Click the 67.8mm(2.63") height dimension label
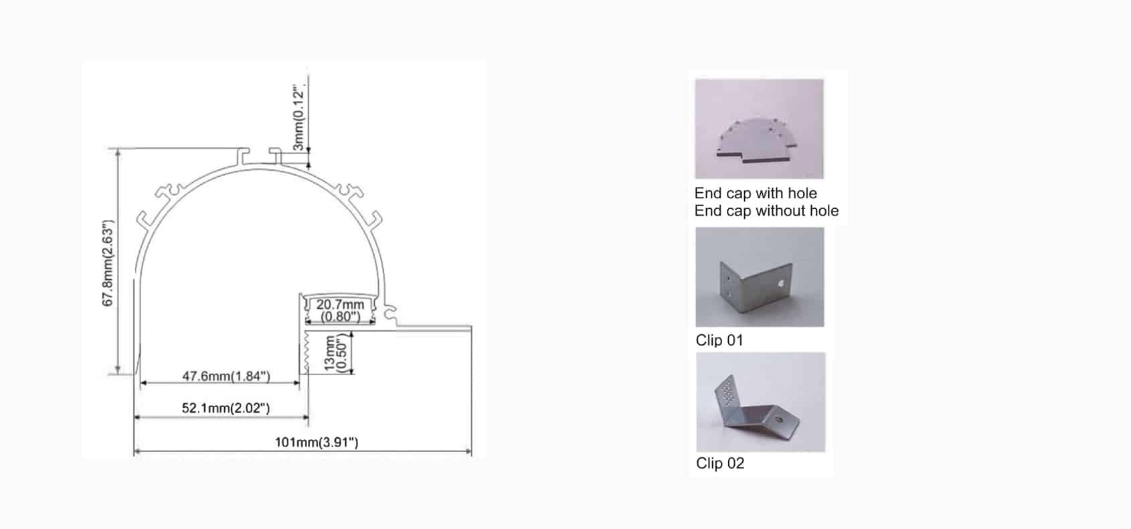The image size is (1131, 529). tap(108, 263)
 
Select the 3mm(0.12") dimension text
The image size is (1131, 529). tap(299, 118)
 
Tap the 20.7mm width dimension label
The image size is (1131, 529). tap(340, 305)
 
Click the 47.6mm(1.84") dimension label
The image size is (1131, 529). tap(226, 376)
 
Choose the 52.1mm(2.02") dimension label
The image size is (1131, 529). tap(226, 408)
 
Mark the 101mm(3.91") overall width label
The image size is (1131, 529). tap(317, 442)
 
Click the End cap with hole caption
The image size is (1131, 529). tap(756, 194)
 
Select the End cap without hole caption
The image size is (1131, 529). tap(766, 211)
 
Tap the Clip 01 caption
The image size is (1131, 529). tap(719, 340)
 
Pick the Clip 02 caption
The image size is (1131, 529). tap(720, 463)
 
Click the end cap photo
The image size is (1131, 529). tap(759, 129)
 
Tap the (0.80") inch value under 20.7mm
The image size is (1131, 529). tap(340, 316)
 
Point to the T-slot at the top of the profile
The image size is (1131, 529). tap(262, 156)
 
